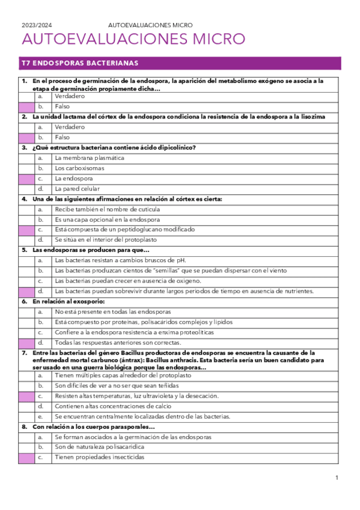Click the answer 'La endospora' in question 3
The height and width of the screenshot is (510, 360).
73,179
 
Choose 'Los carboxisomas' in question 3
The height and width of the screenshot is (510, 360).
79,168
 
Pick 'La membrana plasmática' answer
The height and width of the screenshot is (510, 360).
89,158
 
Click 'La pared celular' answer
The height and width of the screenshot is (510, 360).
78,189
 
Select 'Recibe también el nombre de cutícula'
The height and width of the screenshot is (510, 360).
107,209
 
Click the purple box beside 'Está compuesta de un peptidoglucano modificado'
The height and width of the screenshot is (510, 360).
26,230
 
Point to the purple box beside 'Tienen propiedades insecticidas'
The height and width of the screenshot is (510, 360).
26,458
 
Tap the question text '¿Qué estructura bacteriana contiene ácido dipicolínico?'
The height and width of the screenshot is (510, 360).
114,147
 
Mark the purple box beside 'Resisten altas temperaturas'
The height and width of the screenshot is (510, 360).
26,396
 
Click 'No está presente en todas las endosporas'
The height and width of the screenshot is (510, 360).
112,312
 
